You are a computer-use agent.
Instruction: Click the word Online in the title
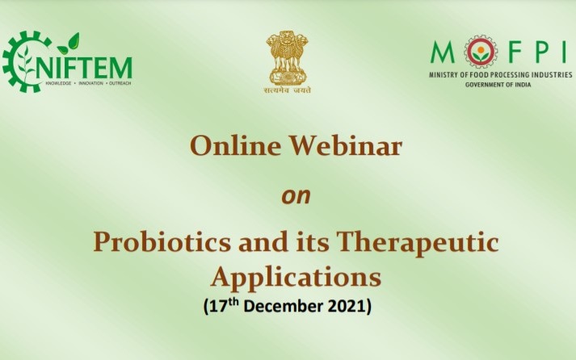pos(235,145)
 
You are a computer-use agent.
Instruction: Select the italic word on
pos(296,196)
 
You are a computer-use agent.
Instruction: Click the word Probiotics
pos(162,242)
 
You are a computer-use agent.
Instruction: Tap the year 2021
pos(347,307)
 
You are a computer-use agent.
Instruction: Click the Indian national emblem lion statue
pos(288,57)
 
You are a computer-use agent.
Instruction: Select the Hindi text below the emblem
pos(288,90)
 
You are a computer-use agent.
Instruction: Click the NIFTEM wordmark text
pos(84,69)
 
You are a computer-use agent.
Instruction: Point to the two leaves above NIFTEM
pos(69,44)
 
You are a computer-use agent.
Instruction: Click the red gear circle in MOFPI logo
pos(481,52)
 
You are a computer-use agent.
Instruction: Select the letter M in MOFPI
pos(443,52)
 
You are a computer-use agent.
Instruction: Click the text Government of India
pos(498,85)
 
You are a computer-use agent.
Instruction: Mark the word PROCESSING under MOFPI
pos(512,75)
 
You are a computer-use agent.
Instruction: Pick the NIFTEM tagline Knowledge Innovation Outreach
pos(88,83)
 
